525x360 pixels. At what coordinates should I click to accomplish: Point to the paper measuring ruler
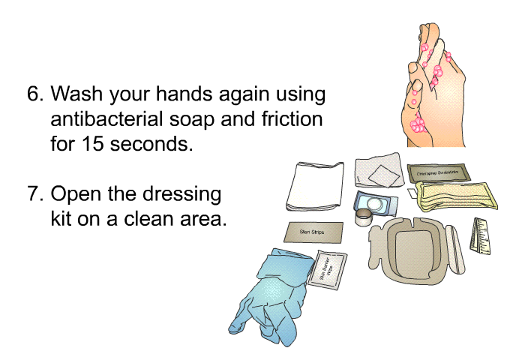pos(478,235)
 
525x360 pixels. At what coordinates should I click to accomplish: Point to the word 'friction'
pos(287,119)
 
